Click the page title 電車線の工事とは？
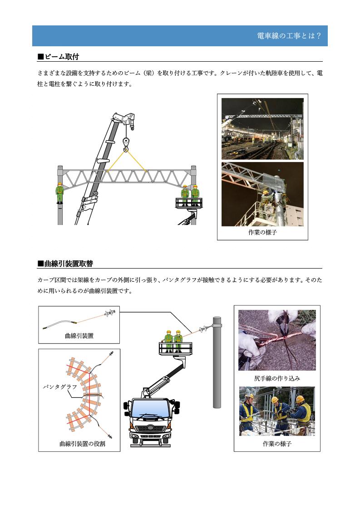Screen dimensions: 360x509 289,36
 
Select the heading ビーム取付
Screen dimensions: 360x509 59,57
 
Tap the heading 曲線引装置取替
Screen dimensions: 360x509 65,263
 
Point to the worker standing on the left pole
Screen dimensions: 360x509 59,193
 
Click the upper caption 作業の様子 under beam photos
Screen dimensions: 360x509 262,232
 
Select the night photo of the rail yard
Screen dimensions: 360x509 262,129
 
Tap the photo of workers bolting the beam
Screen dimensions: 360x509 262,194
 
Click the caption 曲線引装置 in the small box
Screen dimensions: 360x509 79,336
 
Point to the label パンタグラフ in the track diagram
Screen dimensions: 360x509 60,387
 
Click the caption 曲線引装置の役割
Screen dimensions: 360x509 82,443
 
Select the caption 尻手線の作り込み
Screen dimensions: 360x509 277,378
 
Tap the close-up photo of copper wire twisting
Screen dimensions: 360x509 277,340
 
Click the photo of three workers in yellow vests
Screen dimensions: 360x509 277,411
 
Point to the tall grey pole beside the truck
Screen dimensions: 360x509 217,362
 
